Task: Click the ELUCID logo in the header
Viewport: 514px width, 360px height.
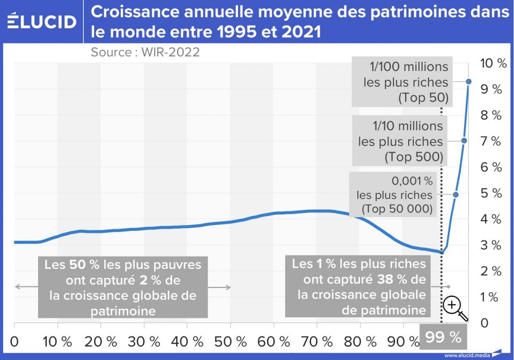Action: (42, 22)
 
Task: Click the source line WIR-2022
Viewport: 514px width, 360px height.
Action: (145, 52)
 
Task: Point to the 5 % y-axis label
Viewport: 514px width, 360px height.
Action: (491, 193)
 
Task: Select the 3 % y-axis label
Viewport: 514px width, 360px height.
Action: (491, 245)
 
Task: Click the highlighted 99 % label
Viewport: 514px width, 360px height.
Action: (444, 337)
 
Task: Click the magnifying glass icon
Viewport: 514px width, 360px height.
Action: (454, 308)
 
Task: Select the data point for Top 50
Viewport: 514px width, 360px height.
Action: (469, 81)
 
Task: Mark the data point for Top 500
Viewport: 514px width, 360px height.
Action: (464, 140)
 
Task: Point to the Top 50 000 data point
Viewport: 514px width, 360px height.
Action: (455, 194)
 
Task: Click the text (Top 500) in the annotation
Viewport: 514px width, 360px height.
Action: (413, 157)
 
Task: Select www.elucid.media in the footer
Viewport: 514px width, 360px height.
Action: (467, 355)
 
